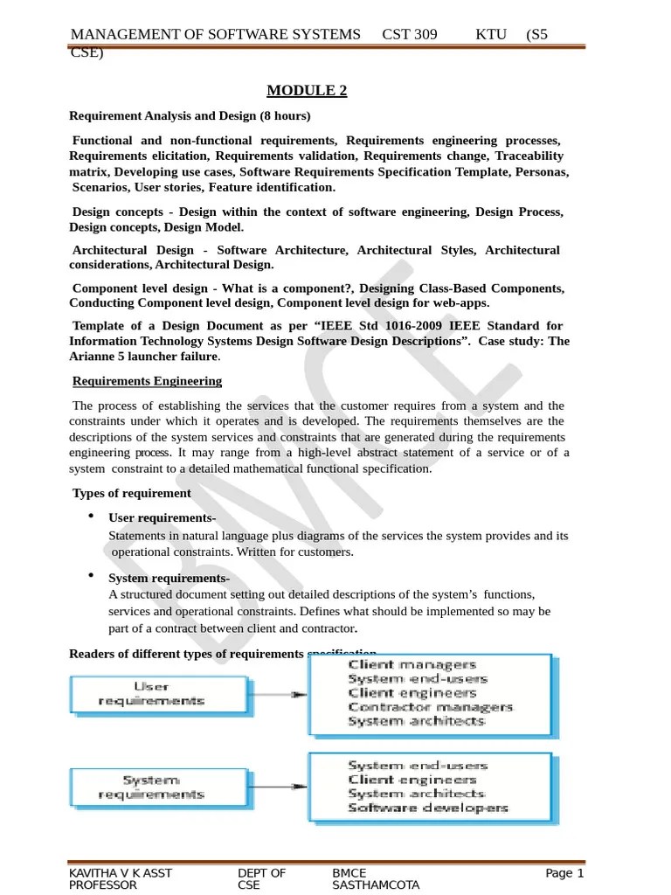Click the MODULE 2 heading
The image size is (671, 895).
tap(307, 91)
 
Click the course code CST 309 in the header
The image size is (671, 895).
tap(410, 35)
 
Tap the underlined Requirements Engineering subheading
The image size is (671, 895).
tap(147, 381)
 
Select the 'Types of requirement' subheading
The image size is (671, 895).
tap(131, 493)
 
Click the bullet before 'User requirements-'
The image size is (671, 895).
tap(92, 517)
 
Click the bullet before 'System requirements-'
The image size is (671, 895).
tap(92, 576)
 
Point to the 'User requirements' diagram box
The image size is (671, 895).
tap(152, 694)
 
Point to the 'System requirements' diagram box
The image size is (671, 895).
tap(152, 787)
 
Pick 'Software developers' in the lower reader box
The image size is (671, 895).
tap(428, 808)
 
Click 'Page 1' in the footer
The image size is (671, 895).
tap(564, 873)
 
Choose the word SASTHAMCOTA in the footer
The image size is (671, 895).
tap(376, 885)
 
